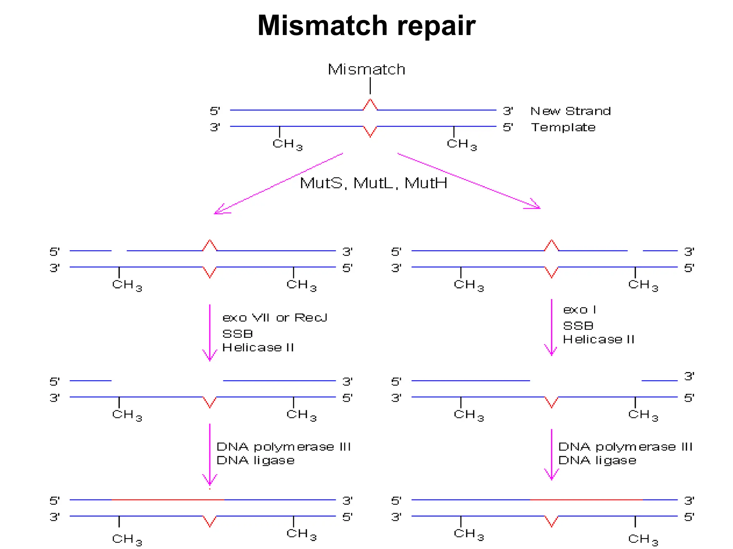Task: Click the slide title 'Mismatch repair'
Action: tap(366, 26)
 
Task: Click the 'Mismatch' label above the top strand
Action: tap(366, 69)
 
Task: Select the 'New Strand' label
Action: tap(570, 111)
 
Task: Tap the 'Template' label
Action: tap(563, 127)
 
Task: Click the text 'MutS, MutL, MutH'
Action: tap(373, 183)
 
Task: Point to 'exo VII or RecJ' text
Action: tap(275, 317)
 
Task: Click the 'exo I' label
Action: tap(579, 310)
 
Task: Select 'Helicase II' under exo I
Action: tap(598, 339)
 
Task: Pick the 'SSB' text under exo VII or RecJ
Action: tap(237, 334)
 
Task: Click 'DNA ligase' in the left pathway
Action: tap(255, 460)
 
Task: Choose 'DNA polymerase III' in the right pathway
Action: tap(625, 447)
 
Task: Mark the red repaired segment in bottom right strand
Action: tap(586, 500)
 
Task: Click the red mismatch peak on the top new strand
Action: tap(370, 104)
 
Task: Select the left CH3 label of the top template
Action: tap(287, 144)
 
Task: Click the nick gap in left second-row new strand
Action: tap(119, 251)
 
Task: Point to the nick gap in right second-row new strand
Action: tap(635, 251)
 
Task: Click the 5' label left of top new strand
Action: tap(215, 111)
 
